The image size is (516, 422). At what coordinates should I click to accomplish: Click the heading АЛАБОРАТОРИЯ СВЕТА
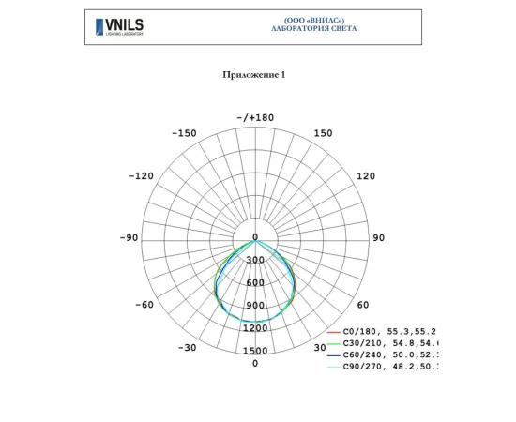[x=313, y=28]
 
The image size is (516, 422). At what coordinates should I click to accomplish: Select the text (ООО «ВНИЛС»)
[x=313, y=20]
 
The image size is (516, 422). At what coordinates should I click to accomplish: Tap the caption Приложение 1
[x=254, y=74]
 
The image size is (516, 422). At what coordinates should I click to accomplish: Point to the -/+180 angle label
[x=255, y=118]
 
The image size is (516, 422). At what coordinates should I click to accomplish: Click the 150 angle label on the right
[x=323, y=133]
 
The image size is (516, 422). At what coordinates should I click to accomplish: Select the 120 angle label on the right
[x=366, y=176]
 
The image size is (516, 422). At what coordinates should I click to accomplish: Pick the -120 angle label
[x=142, y=176]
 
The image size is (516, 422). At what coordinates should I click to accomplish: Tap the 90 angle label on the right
[x=379, y=238]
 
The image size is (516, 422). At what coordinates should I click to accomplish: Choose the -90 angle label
[x=129, y=238]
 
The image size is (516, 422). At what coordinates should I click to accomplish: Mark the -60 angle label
[x=144, y=305]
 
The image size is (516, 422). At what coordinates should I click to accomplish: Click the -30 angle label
[x=188, y=347]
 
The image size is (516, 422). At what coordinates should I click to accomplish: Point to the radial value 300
[x=255, y=260]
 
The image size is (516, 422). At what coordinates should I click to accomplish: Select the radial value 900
[x=255, y=306]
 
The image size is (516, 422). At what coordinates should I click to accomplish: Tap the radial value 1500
[x=255, y=351]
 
